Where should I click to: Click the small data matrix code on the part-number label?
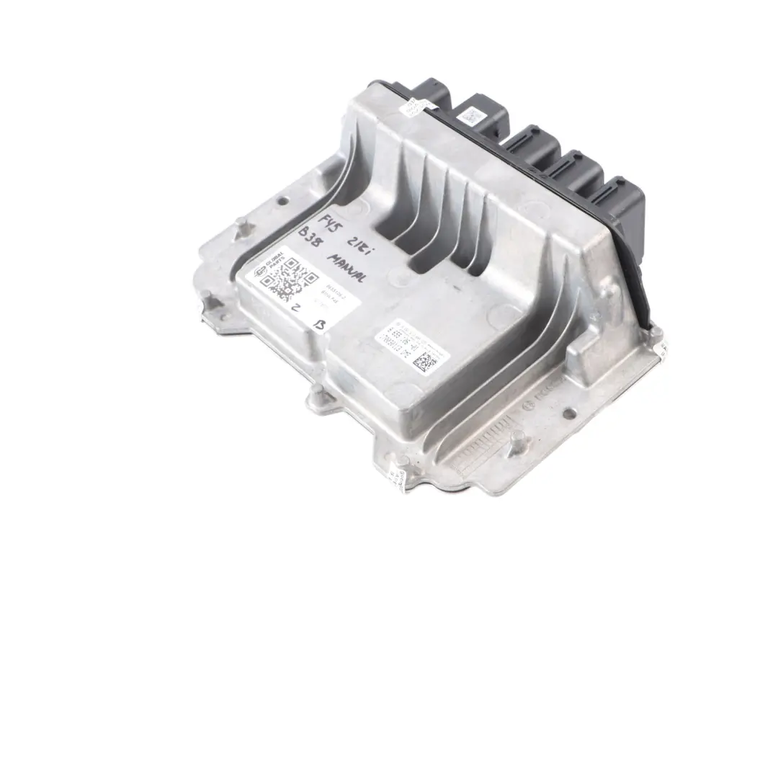[424, 360]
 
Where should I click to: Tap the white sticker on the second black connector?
[472, 115]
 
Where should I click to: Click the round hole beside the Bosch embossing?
[568, 413]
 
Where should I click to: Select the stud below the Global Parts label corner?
[316, 393]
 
